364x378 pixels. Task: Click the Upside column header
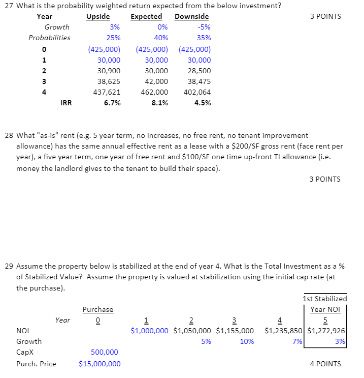[98, 16]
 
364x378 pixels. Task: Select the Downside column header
[191, 16]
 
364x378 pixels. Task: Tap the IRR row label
[66, 103]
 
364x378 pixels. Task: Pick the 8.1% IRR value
[160, 103]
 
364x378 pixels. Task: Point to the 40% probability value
[161, 38]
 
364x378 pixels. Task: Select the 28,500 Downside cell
[199, 71]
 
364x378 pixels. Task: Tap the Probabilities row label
[49, 38]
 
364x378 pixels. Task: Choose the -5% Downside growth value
[205, 27]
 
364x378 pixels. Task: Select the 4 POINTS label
[325, 364]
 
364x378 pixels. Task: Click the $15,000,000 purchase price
[100, 364]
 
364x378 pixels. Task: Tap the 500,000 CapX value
[104, 352]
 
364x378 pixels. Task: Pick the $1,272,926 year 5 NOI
[327, 331]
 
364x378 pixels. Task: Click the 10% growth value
[247, 341]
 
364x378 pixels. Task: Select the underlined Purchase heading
[98, 309]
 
